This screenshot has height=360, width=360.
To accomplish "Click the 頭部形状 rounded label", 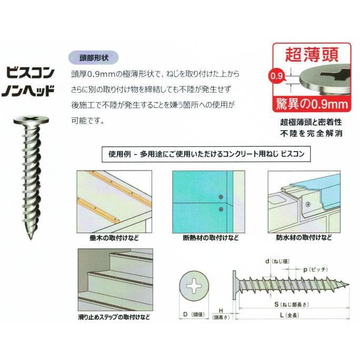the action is click(94, 57).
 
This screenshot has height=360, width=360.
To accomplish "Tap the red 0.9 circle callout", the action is click(276, 76).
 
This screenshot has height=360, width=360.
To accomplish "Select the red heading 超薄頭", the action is click(312, 55).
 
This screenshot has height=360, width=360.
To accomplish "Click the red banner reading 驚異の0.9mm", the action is click(312, 104).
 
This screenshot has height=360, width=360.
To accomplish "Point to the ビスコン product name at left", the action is click(30, 73).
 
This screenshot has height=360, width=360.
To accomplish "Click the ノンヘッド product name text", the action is click(27, 90).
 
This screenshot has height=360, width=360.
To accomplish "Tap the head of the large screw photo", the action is click(31, 120).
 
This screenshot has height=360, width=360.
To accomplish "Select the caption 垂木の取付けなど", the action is click(114, 237).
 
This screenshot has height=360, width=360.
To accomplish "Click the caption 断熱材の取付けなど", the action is click(211, 237).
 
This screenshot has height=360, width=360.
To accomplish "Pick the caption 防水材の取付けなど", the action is click(304, 237).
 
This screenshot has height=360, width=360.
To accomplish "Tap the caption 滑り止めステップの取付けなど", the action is click(114, 317).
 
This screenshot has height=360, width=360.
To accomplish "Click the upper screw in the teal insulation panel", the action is click(221, 197).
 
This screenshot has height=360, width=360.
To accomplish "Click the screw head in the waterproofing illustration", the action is click(308, 204).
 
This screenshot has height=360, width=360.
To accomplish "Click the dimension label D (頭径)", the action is click(194, 314).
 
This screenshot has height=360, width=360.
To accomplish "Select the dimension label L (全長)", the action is click(289, 315).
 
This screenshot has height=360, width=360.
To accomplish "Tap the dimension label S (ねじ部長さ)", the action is click(292, 304).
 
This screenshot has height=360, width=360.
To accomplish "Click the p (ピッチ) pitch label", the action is click(315, 269).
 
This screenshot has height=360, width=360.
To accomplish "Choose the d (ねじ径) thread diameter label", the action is click(277, 261).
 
